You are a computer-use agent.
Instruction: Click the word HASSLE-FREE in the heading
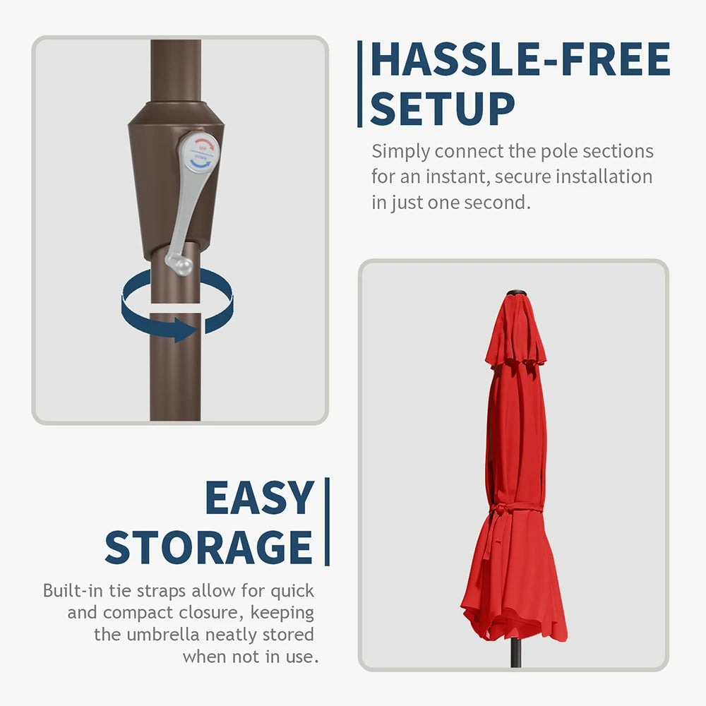tap(520, 59)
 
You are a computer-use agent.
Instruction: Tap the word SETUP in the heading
tap(442, 109)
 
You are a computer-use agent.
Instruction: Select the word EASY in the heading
tap(259, 498)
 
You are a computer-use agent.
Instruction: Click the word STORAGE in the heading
tap(208, 547)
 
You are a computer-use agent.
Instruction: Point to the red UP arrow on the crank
tap(205, 145)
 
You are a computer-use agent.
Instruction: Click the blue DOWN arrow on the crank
tap(201, 162)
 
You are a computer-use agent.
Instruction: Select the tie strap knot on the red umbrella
tap(500, 510)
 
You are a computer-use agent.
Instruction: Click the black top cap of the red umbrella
tap(516, 294)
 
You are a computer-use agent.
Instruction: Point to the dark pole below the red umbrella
tap(516, 653)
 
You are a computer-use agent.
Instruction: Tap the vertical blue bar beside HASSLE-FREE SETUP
tap(359, 84)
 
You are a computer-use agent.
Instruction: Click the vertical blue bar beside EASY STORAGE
tap(328, 522)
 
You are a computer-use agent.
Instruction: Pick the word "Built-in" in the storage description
tap(73, 590)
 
